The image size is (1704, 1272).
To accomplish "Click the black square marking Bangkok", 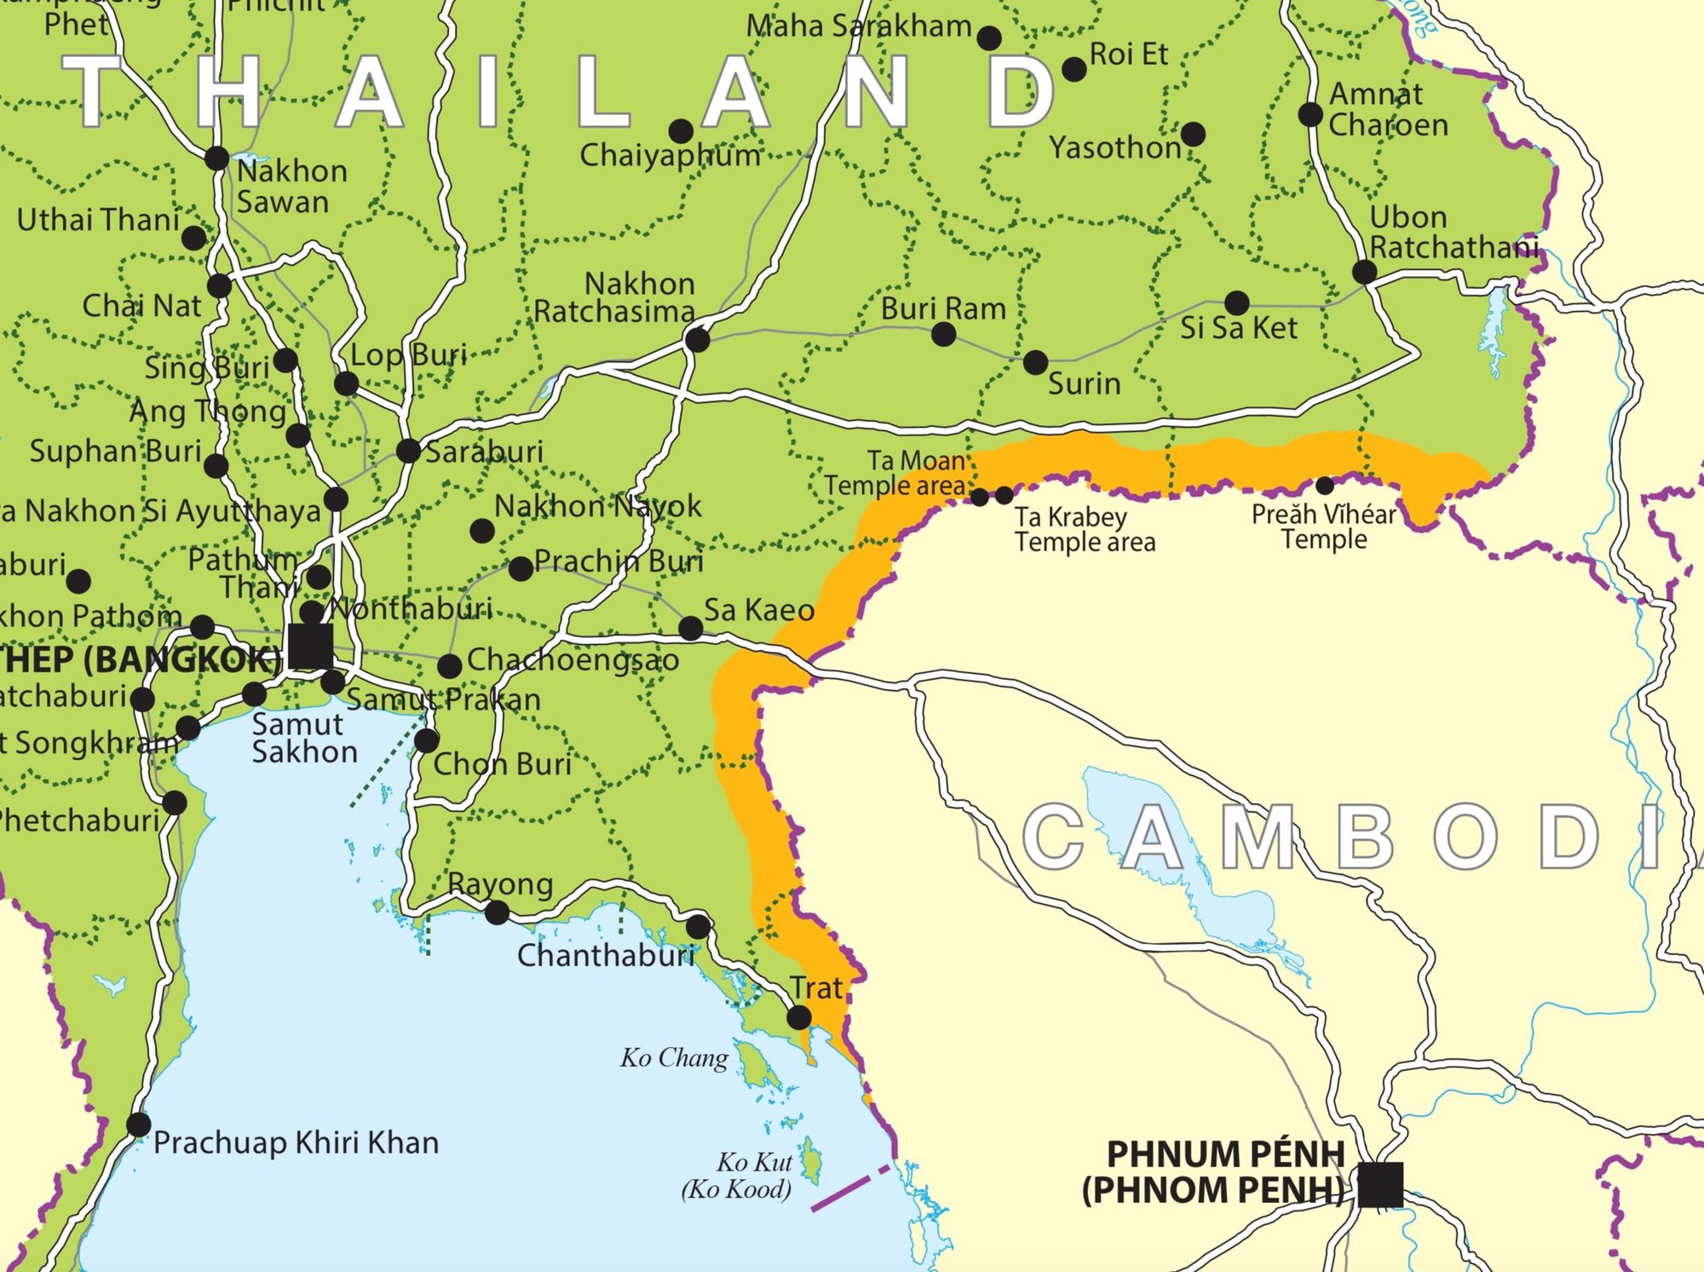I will [x=310, y=646].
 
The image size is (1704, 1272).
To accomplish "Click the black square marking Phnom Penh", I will [x=1379, y=1184].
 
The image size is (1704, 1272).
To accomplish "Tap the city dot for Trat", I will [x=798, y=1016].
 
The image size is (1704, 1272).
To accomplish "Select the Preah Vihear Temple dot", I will [x=1325, y=486].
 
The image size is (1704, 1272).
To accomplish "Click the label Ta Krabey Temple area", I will [x=1084, y=529].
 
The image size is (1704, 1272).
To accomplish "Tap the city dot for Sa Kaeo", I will [x=690, y=629].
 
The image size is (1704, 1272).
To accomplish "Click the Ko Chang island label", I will [x=674, y=1058].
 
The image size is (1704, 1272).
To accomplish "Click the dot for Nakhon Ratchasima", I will [x=697, y=340].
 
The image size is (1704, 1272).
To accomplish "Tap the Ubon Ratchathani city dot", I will [x=1364, y=273].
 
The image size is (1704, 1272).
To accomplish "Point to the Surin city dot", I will [x=1035, y=362].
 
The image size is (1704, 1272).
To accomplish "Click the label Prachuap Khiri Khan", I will [x=296, y=1142].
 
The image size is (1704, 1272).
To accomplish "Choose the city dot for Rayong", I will [x=497, y=913].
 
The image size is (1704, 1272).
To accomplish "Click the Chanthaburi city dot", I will [x=698, y=926].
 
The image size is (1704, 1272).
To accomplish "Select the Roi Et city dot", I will [x=1074, y=70].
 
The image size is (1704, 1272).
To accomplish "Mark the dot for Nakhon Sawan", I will [x=216, y=158].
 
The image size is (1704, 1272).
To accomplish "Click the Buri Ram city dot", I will [x=943, y=334].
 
